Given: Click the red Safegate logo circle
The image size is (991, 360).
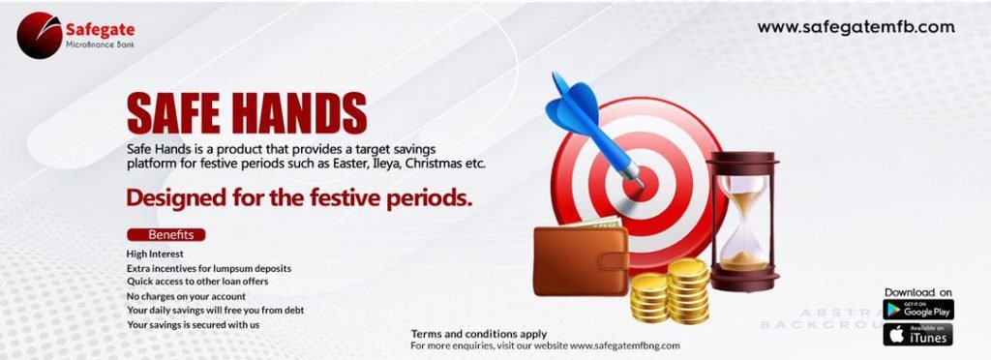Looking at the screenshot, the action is [40, 36].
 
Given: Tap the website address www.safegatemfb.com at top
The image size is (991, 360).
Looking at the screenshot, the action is [856, 27].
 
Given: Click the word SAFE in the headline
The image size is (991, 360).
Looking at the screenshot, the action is [172, 113].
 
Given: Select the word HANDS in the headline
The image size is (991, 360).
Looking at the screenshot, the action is [298, 113].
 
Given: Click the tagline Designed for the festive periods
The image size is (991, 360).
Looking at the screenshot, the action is [300, 197].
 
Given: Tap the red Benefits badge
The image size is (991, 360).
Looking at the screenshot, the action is [166, 235].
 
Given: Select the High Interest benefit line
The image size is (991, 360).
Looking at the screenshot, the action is [156, 254].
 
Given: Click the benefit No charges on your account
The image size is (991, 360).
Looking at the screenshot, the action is [187, 296].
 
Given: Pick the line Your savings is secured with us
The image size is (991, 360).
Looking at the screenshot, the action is [194, 324].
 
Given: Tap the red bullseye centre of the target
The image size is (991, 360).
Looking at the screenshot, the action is [641, 184].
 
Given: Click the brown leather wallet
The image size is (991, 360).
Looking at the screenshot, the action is [581, 259].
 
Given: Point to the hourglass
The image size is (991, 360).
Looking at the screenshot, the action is [743, 221].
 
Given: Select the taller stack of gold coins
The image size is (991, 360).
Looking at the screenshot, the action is [688, 291].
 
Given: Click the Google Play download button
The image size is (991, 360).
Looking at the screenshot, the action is [918, 310].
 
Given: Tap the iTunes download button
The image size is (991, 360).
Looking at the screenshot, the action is [918, 334].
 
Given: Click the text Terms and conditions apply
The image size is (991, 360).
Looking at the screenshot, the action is [479, 334].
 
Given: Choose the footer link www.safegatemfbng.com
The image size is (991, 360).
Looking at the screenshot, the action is [625, 346].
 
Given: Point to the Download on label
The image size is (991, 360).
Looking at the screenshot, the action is [918, 292].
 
